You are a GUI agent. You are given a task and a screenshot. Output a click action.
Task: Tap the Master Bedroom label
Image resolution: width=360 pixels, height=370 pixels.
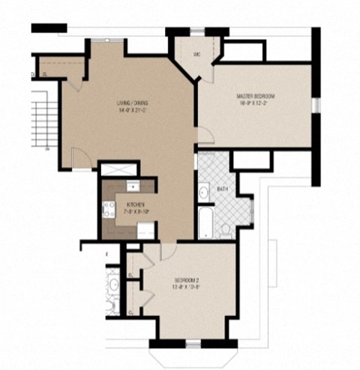point(255,97)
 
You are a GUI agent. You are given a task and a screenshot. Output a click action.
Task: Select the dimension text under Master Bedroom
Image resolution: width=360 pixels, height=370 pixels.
point(255,104)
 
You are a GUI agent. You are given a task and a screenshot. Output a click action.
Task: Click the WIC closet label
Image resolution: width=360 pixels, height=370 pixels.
point(196,54)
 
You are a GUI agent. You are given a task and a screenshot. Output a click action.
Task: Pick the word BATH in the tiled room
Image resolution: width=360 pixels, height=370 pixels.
point(222,189)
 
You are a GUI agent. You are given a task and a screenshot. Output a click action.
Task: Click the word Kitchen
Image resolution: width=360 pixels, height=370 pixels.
point(136,204)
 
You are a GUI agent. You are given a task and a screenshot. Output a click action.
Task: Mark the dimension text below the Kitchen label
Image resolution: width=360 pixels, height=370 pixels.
point(136,211)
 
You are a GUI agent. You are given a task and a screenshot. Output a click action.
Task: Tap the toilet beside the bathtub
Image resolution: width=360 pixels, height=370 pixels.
point(226,227)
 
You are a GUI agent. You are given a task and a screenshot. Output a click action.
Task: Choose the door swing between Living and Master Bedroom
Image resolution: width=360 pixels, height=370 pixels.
point(204,137)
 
